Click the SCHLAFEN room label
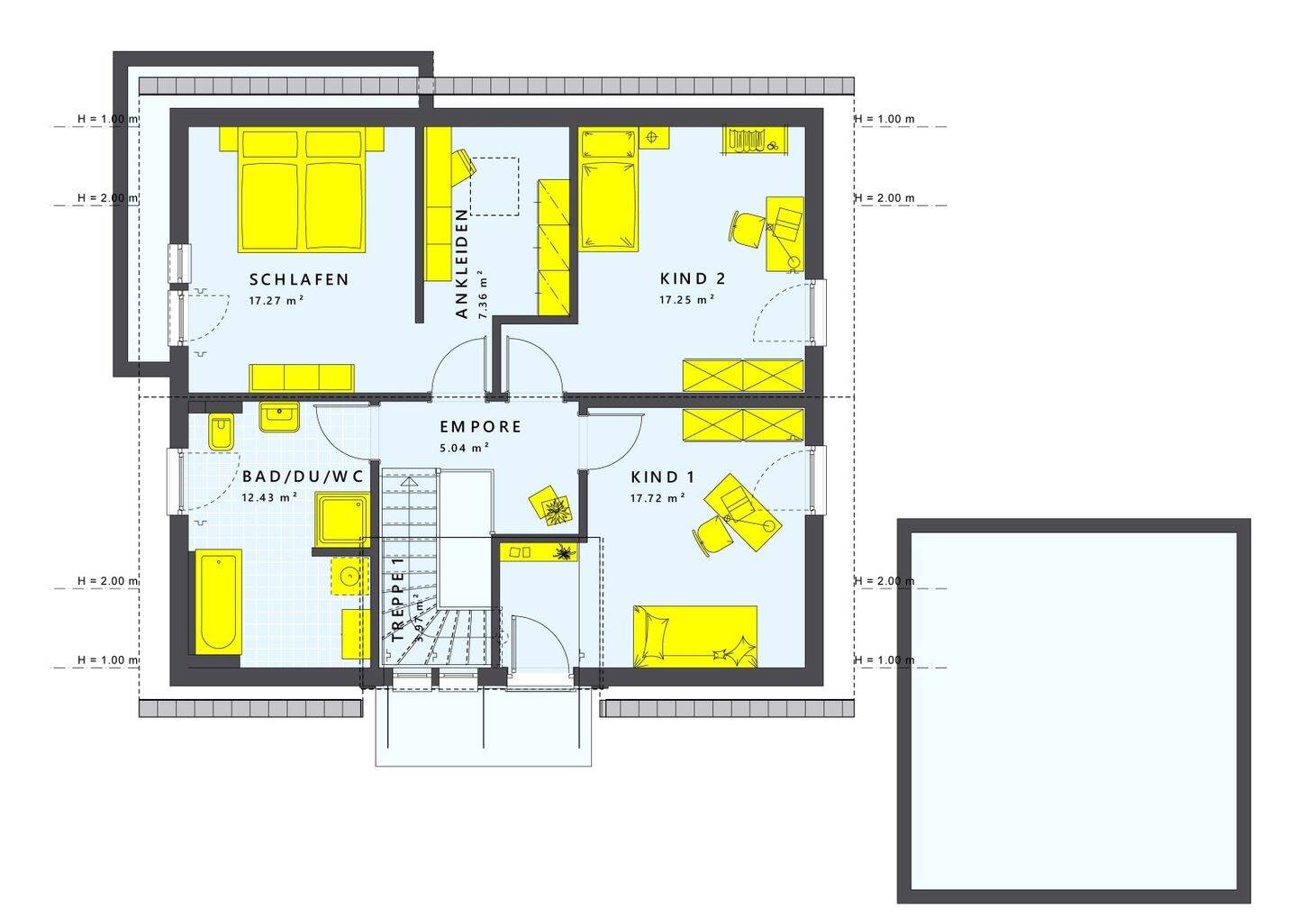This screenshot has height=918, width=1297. (299, 279)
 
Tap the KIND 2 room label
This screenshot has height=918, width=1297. (692, 278)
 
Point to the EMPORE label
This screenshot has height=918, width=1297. (480, 427)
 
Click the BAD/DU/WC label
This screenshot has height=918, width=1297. (302, 477)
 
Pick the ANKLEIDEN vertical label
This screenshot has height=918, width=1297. (462, 263)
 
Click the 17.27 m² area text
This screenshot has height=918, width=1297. (276, 301)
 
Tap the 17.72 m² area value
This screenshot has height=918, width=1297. (658, 496)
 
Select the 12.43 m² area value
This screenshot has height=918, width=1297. (269, 496)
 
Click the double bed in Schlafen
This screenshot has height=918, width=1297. (303, 189)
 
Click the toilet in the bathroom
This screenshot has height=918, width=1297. (220, 432)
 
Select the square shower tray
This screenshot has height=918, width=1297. (341, 519)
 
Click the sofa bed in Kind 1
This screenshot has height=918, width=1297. (694, 636)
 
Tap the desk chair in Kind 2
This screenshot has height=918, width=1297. (747, 226)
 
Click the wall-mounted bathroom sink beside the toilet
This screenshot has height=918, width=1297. (279, 417)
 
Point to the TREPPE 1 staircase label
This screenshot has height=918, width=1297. (398, 599)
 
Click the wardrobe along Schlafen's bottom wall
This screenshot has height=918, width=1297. (302, 377)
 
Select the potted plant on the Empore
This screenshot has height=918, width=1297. (550, 504)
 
